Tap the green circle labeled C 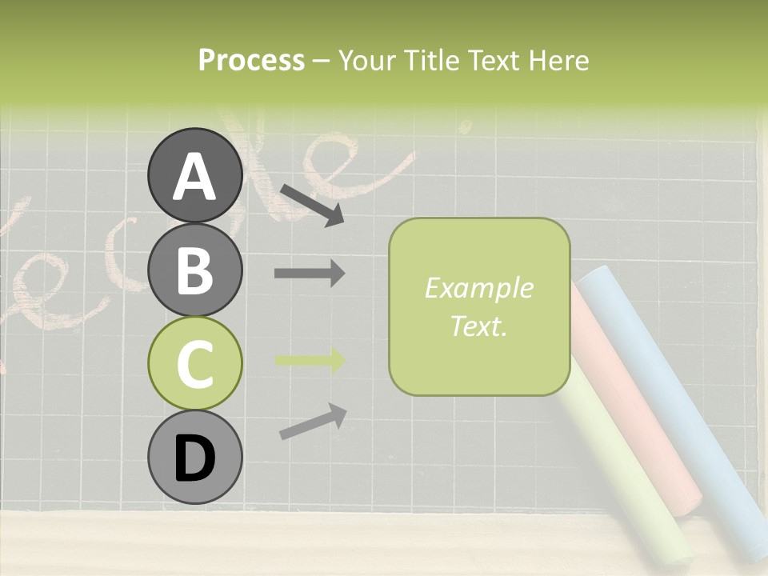click(x=195, y=363)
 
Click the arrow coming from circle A click(x=312, y=204)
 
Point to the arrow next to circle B click(x=310, y=274)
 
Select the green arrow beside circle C click(x=310, y=361)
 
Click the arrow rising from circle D click(x=313, y=422)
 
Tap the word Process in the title click(x=251, y=60)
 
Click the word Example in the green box click(x=478, y=288)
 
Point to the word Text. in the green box click(x=478, y=326)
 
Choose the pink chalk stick click(x=640, y=416)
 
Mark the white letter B click(x=195, y=270)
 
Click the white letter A click(x=195, y=176)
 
